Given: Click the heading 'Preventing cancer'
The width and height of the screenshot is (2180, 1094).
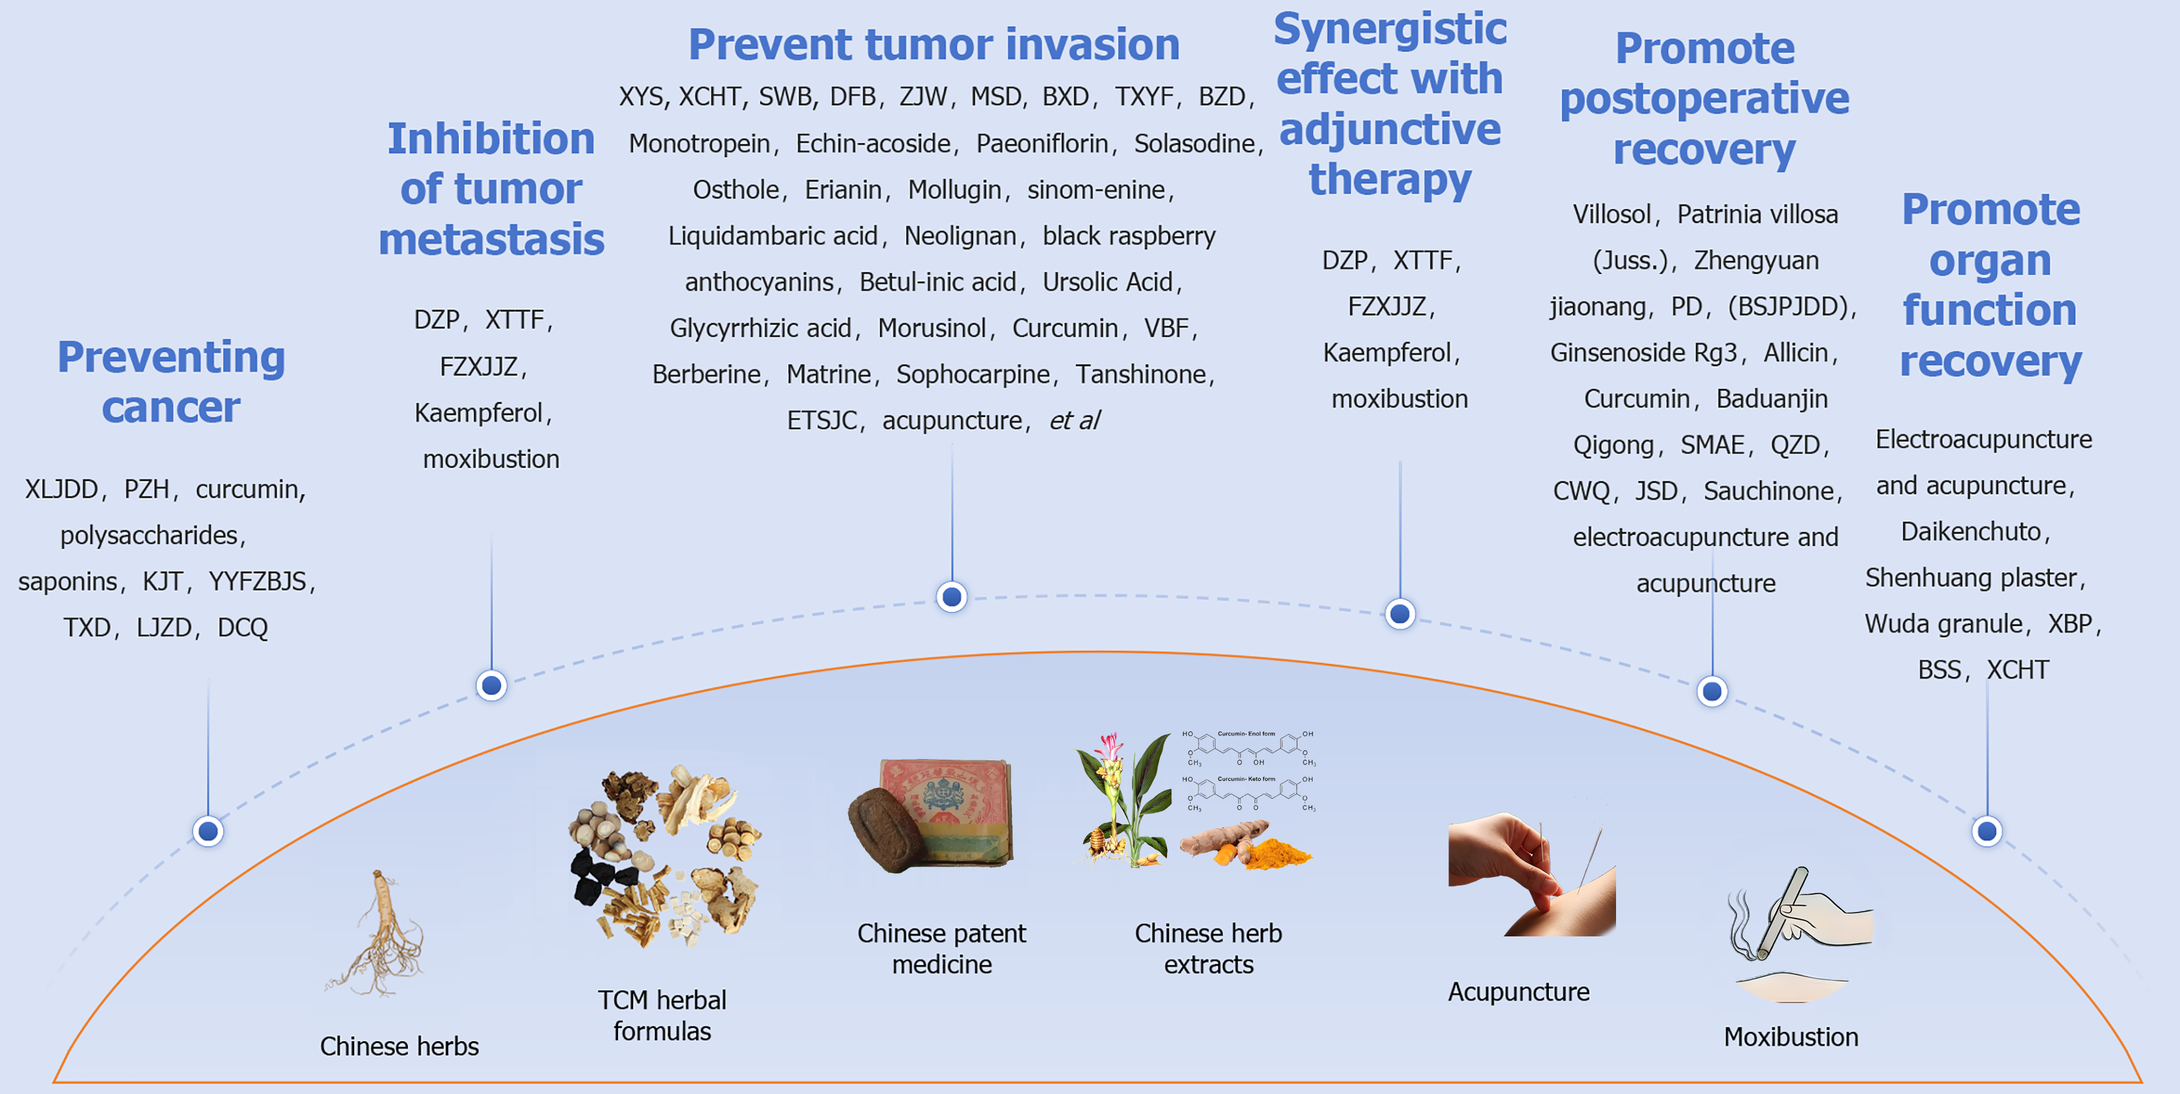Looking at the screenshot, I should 171,382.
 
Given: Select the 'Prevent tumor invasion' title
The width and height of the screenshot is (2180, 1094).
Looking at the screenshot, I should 933,44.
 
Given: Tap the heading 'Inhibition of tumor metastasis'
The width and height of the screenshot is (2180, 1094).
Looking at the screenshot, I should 491,189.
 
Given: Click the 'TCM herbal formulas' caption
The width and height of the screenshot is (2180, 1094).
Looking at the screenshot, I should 662,1016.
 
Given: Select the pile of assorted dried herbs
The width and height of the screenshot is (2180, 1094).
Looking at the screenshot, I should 664,855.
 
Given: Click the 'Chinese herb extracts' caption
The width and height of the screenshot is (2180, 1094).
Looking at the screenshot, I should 1208,948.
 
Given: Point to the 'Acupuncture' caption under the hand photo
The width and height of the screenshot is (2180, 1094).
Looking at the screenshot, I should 1518,992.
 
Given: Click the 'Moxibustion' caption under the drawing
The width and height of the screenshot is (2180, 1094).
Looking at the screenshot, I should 1791,1037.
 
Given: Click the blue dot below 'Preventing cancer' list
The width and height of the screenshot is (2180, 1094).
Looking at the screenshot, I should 208,831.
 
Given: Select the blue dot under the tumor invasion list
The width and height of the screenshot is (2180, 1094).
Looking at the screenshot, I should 952,597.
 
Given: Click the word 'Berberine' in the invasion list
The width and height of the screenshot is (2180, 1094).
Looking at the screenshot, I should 706,374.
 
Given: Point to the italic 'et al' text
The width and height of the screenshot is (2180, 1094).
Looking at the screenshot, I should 1074,421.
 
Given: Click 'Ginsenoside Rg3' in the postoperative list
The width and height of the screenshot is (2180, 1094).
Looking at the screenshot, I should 1642,352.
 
